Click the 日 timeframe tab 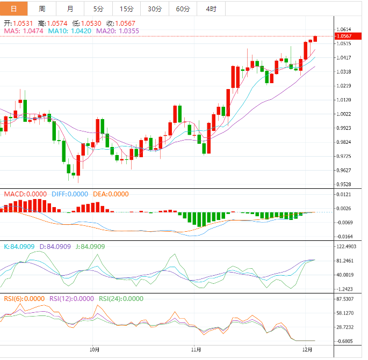[13, 9]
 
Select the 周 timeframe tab [42, 9]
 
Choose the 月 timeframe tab [70, 9]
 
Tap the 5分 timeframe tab [98, 9]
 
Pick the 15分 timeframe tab [126, 9]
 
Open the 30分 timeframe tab [155, 9]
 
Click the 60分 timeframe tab [183, 9]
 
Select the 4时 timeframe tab [211, 9]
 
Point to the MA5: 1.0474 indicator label [24, 31]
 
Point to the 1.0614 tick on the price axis [344, 30]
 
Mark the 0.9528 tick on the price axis [344, 184]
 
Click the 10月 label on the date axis [95, 349]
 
